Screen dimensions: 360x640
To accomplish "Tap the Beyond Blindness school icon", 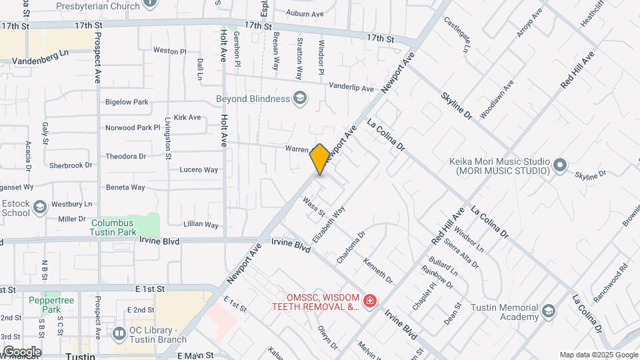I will tap(300, 99).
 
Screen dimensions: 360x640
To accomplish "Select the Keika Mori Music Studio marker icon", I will tap(559, 163).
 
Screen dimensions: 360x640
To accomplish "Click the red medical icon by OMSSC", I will tap(369, 301).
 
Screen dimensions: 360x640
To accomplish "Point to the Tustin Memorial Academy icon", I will tap(548, 311).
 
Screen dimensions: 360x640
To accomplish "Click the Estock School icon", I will tap(40, 208).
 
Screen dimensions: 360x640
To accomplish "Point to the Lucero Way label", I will tap(199, 170).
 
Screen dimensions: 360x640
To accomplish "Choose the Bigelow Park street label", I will tap(127, 102).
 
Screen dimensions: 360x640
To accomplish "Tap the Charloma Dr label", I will tap(351, 247).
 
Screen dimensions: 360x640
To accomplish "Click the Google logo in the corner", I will tap(21, 351).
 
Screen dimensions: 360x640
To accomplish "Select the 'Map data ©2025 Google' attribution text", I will tap(598, 355).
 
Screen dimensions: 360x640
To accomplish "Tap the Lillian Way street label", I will tap(202, 225).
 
